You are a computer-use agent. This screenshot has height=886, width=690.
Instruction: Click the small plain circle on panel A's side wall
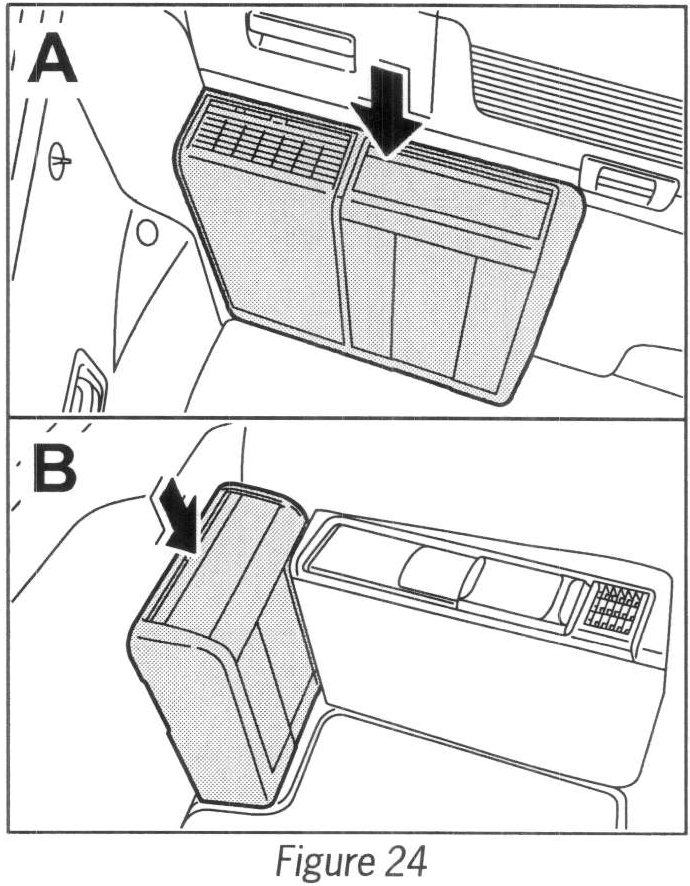coord(147,233)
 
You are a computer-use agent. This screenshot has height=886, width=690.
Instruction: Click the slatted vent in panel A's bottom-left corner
coord(84,386)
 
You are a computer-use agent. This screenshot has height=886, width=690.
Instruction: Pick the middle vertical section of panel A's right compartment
coord(425,305)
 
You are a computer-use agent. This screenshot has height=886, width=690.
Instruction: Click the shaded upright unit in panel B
coord(225,650)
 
